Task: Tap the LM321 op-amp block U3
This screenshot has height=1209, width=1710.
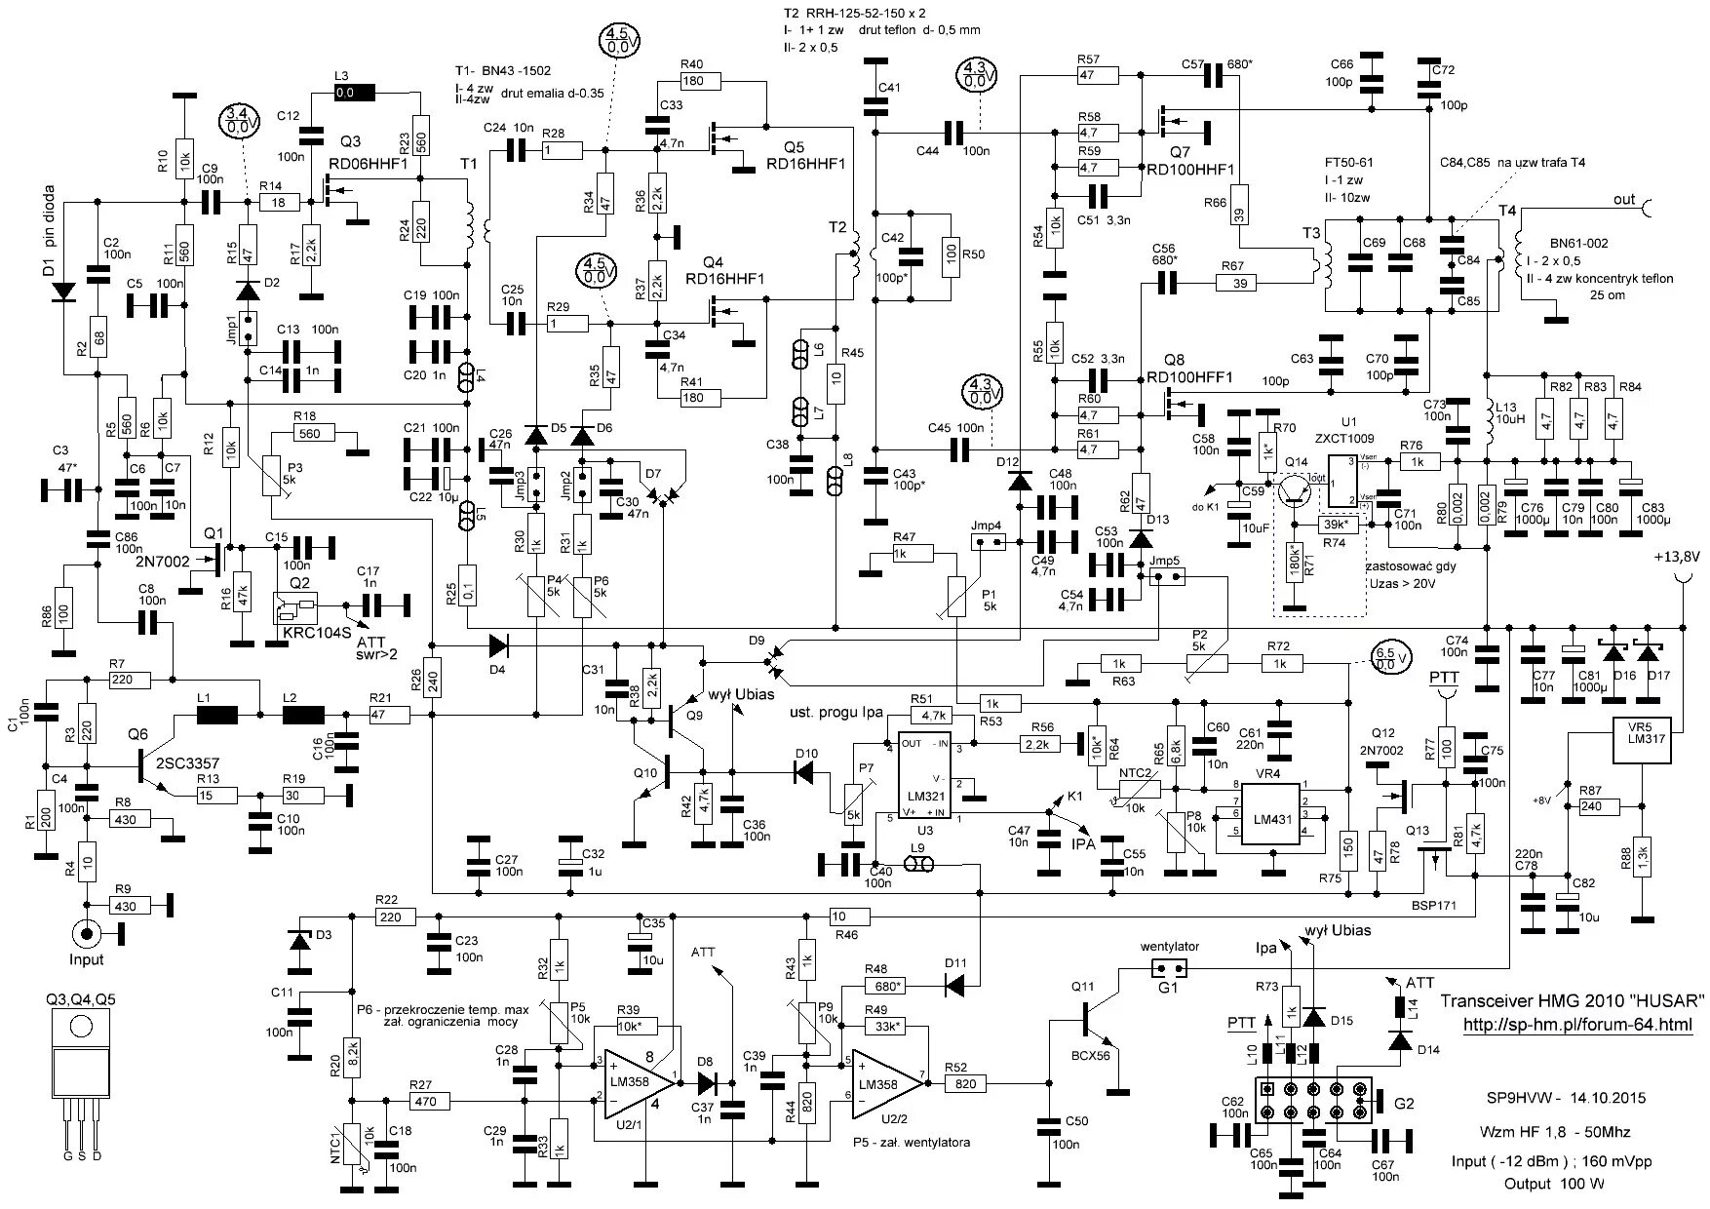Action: point(924,779)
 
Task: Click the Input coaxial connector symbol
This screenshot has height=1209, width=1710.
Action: point(87,934)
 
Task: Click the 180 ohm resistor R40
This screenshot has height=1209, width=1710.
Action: point(693,81)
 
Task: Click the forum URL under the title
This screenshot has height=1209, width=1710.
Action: point(1577,1025)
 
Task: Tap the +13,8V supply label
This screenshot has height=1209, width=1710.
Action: point(1676,558)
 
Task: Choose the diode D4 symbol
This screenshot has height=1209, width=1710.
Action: point(498,644)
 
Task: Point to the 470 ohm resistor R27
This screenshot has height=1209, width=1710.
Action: point(422,1101)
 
